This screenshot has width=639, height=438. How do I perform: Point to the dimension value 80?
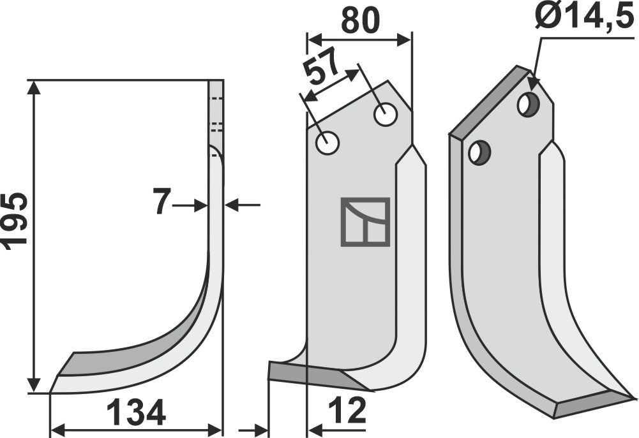[x=360, y=20]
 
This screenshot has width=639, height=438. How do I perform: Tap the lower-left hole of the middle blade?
[x=327, y=143]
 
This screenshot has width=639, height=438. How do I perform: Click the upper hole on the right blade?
[x=528, y=104]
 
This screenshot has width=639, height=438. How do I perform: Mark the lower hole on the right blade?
[x=478, y=152]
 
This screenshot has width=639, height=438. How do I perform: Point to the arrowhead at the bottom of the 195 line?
[x=35, y=386]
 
